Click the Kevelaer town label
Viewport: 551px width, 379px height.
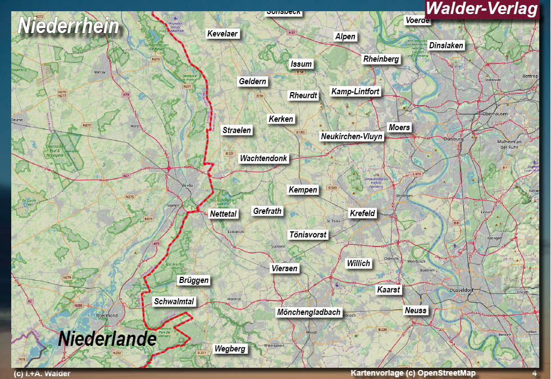[223, 34]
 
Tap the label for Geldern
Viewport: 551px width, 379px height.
[253, 81]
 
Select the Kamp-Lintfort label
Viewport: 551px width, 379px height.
[356, 92]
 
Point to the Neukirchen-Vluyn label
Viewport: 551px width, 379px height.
[352, 136]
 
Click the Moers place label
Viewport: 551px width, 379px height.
[399, 127]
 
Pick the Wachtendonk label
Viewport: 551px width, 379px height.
[263, 158]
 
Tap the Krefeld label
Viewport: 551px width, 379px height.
[362, 213]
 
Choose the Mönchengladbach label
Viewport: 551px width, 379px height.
[309, 312]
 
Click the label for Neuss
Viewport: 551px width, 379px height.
[416, 310]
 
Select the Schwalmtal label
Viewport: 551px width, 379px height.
[174, 302]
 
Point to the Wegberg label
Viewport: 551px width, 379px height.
[230, 349]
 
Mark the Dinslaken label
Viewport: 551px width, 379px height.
[446, 45]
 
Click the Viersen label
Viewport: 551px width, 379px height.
[284, 268]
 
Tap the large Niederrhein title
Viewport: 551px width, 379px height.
[69, 26]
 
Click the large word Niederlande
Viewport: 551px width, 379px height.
[107, 339]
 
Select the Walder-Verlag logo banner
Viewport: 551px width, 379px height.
[482, 9]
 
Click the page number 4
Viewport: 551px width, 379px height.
[534, 373]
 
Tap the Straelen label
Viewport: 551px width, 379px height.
[237, 130]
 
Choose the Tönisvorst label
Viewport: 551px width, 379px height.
[307, 235]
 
